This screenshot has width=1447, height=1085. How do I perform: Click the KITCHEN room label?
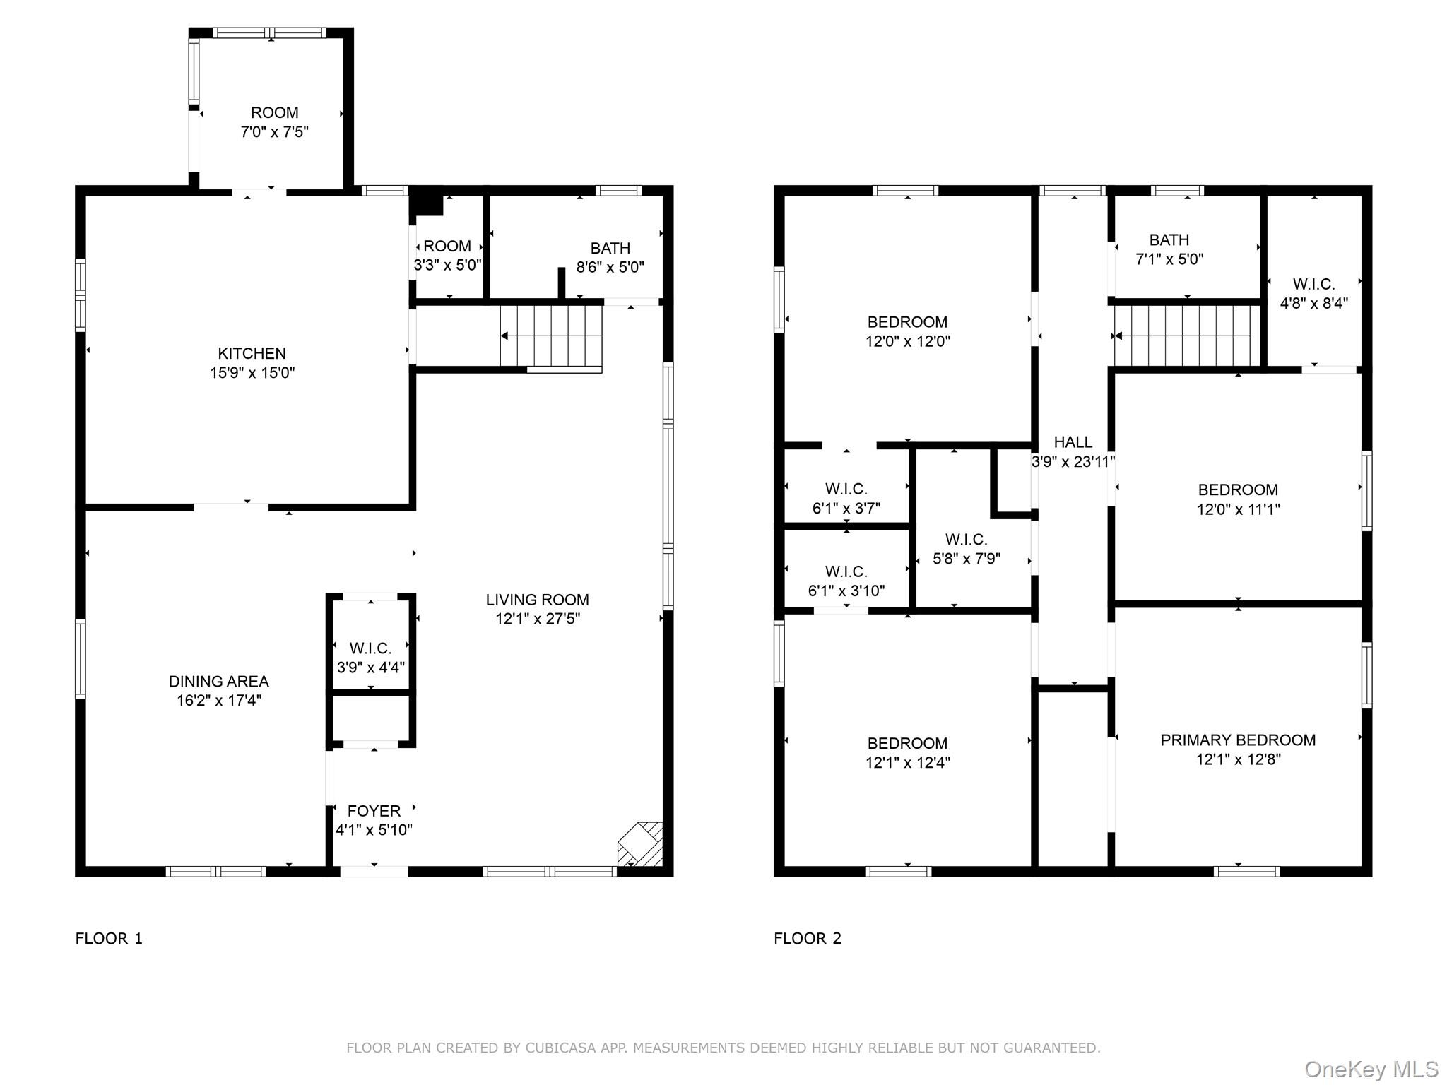coord(252,353)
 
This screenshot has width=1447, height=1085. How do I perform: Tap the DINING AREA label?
coord(218,682)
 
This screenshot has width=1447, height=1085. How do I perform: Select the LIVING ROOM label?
coord(537,600)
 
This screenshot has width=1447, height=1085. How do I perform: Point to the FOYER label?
coord(374,811)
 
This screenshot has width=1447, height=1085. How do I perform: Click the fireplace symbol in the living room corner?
coord(640,844)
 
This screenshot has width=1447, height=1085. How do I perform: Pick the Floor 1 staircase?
coord(551,336)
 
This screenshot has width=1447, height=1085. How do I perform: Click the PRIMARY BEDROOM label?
coord(1238,740)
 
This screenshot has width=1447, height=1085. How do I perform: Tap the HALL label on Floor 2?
coord(1073,442)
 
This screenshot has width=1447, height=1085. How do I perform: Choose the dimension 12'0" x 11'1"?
coord(1238,509)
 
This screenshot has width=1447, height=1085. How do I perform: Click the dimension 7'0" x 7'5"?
coord(274,132)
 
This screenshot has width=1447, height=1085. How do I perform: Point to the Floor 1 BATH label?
coord(610,249)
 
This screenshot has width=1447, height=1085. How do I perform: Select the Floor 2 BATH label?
coord(1169,240)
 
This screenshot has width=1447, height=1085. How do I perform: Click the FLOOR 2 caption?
coord(808,938)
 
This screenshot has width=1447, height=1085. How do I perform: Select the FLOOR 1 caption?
coord(109,938)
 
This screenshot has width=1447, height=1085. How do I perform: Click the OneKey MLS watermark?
coord(1371,1069)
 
